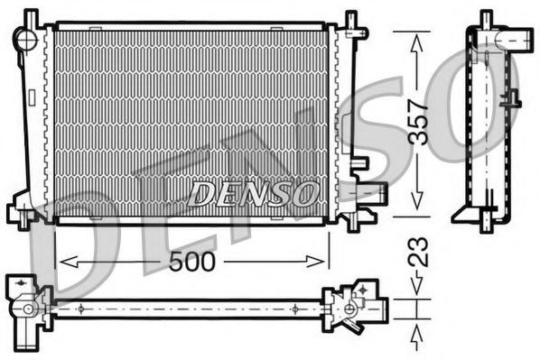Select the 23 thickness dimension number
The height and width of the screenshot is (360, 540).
point(417,252)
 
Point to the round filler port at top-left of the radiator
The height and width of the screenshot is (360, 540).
point(27,39)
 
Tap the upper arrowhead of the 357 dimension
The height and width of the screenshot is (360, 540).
point(416,38)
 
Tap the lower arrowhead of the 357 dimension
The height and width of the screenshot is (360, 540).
point(416,206)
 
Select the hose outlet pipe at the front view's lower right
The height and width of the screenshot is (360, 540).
point(372,191)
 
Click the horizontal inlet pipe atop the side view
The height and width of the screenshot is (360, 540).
point(516,40)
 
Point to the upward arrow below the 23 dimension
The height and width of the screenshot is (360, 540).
point(416,336)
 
